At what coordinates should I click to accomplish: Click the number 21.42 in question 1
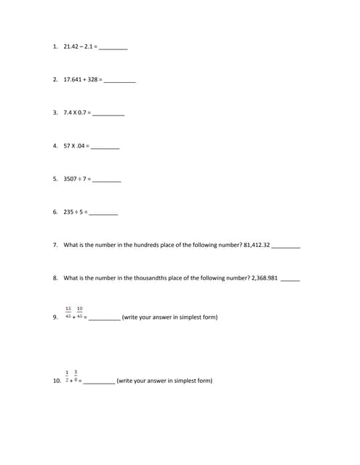[71, 46]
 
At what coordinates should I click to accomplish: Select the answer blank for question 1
[113, 48]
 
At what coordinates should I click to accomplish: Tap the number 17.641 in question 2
[74, 79]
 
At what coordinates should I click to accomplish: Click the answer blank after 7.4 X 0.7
[108, 114]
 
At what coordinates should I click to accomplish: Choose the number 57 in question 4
[67, 145]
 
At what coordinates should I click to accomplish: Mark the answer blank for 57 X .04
[105, 147]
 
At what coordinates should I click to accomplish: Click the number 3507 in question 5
[70, 179]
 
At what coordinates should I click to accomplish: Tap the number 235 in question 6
[68, 212]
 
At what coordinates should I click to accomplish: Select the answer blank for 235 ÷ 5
[103, 214]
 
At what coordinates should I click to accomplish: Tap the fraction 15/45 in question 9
[68, 313]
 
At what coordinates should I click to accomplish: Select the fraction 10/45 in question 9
[79, 313]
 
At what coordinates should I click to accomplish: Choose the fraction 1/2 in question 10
[67, 376]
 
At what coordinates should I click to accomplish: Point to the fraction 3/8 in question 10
[76, 376]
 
